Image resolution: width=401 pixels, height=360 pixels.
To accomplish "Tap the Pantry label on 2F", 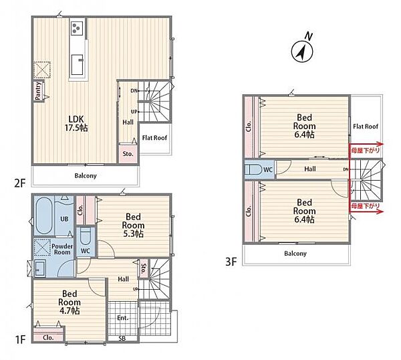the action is point(38,90).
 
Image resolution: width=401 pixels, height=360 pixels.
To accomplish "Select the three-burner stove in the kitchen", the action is point(77,27).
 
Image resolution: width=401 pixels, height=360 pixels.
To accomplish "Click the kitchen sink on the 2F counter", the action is point(78,64).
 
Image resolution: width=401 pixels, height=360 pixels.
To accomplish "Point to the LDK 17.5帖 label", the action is point(76,123).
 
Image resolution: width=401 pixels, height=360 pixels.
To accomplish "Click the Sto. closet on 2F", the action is point(128,154).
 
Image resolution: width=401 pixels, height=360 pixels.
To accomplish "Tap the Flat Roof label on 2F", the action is point(154,138).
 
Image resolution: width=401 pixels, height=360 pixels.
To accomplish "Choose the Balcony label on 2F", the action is point(86,175).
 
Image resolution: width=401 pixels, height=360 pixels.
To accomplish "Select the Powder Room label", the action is point(62,249).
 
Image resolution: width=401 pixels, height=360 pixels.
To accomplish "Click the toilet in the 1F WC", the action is point(85,237).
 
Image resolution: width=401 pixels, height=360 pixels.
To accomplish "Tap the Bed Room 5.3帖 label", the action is point(133,226).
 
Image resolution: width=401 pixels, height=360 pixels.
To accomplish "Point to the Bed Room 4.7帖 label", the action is point(70,302).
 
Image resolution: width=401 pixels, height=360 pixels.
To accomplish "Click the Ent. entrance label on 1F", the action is point(122,318).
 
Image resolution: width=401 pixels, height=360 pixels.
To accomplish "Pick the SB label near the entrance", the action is point(122,339).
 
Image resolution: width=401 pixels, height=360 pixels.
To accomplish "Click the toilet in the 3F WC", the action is point(254,169).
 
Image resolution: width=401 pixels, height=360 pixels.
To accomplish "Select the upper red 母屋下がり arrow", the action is point(366,144).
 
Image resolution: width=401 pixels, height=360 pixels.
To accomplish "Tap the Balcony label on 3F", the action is point(295,254).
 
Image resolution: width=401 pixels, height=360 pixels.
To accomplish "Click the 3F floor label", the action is point(231,262).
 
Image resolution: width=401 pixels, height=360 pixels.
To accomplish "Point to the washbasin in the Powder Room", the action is point(39,268).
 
